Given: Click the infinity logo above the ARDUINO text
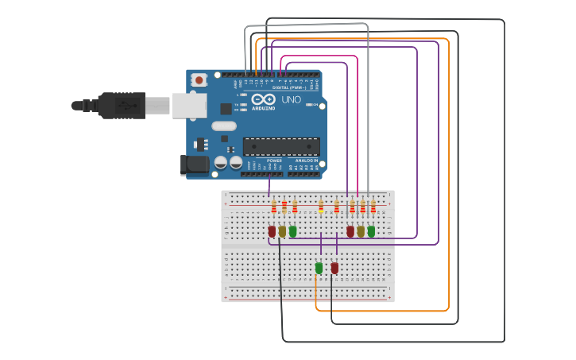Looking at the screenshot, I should tap(263, 99).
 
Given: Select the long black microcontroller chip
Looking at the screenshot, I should tap(281, 146).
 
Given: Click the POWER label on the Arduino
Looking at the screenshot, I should tap(274, 161).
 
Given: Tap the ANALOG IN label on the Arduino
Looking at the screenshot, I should tap(307, 161).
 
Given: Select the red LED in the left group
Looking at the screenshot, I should tap(272, 231).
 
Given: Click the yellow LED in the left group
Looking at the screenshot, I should tap(282, 231).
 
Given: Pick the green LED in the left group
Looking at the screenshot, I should tap(292, 231).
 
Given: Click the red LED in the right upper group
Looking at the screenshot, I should tap(350, 231).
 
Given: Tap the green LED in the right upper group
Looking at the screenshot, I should tap(371, 231).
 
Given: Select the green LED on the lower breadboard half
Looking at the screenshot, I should tap(319, 268).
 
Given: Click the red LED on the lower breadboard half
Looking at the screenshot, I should tap(334, 268).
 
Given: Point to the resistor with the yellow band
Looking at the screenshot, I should tap(321, 207).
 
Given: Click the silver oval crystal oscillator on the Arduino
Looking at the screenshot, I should tap(224, 126).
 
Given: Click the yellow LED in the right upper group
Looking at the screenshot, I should tap(361, 231).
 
